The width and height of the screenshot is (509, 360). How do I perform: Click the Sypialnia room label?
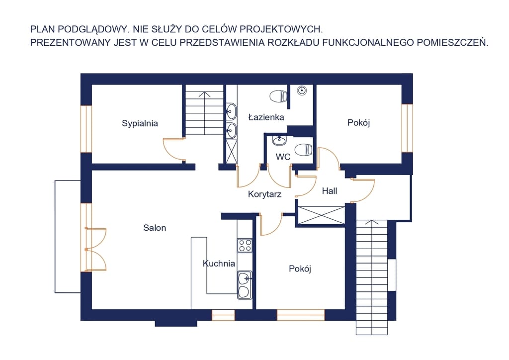tap(140, 123)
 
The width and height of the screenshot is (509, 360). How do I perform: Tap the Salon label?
tap(155, 228)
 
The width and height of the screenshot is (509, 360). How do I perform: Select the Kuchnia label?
tap(219, 263)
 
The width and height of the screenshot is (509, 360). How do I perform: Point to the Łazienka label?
tap(266, 117)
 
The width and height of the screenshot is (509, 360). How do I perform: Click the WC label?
tap(283, 157)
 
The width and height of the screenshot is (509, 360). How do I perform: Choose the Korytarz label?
tap(264, 194)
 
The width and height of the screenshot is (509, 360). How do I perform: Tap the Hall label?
tap(330, 191)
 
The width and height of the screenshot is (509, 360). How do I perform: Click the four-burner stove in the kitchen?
tap(245, 246)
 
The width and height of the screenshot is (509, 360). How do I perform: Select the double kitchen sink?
tap(245, 285)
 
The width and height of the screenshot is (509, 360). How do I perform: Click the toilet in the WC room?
tap(304, 150)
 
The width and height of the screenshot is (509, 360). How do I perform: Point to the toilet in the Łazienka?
tap(278, 96)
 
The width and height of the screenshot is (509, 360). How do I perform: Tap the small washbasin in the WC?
tap(279, 141)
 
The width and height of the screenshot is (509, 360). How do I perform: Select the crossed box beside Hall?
tap(322, 215)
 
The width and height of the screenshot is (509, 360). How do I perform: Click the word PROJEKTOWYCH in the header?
tap(281, 29)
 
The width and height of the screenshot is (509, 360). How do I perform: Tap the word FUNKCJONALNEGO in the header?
tap(368, 43)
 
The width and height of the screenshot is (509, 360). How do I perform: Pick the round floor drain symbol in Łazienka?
tap(302, 90)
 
